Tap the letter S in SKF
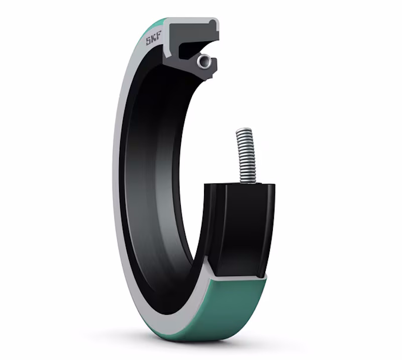click(x=148, y=42)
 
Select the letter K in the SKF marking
click(x=154, y=40)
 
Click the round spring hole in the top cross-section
click(x=204, y=61)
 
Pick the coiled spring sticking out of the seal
click(x=246, y=156)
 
